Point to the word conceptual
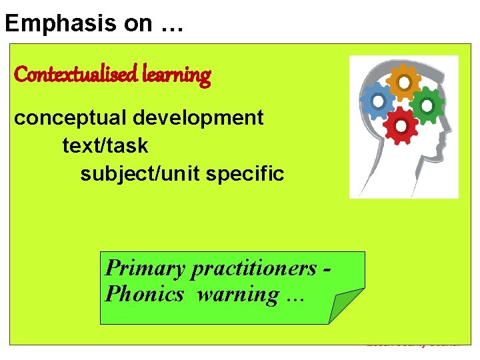point(71,118)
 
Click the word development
point(199,118)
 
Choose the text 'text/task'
point(105,145)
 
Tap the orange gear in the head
point(404,82)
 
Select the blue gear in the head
point(377,101)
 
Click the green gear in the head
point(427,104)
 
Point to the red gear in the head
point(401,125)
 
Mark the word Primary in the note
point(145,268)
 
